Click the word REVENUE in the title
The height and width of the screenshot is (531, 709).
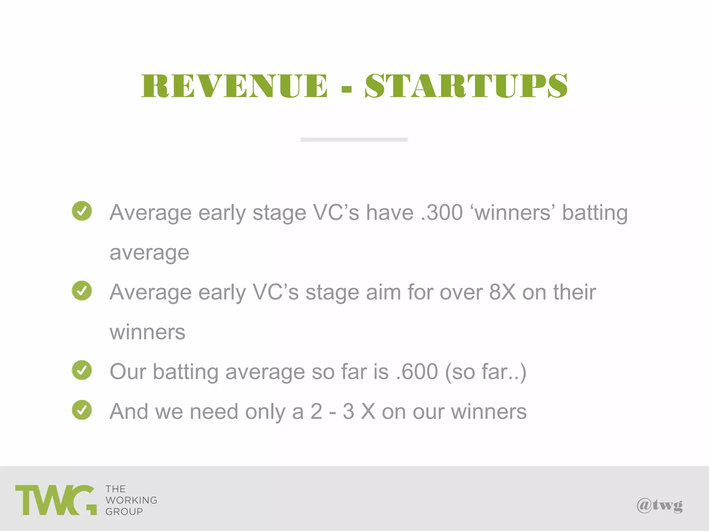click(234, 86)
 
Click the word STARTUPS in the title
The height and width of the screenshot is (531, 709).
click(466, 86)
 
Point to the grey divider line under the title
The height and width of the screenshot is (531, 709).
click(354, 140)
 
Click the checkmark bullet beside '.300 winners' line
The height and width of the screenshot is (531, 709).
click(82, 211)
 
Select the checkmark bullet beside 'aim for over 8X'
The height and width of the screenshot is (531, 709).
click(82, 290)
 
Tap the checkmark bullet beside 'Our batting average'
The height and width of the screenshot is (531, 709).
click(82, 370)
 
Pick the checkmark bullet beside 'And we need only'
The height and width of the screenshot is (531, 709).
click(82, 410)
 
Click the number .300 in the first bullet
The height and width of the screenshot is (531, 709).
click(442, 212)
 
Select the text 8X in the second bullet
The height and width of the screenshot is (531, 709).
click(502, 292)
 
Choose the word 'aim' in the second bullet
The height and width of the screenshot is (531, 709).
click(383, 292)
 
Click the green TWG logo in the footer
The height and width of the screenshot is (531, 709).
click(55, 500)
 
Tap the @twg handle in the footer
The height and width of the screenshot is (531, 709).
click(659, 505)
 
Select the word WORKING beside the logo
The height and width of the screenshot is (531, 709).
click(131, 500)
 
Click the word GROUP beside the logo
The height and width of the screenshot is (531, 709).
click(124, 512)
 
